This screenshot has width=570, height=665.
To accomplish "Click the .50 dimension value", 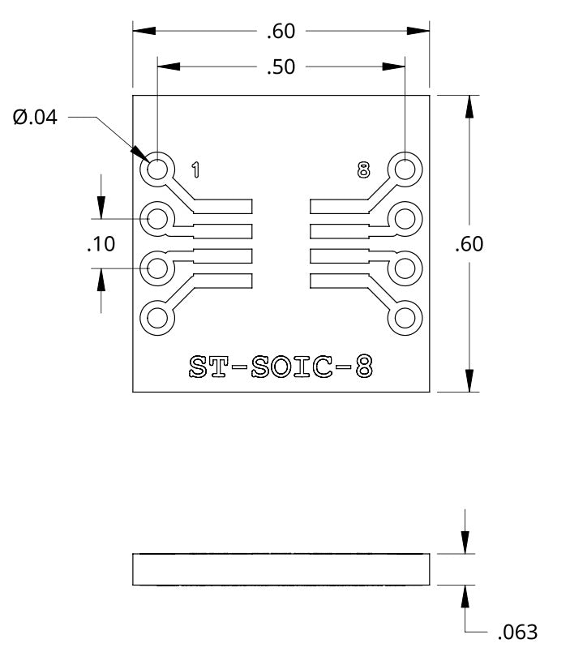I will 281,67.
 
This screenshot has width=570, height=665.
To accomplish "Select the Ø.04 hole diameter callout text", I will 36,118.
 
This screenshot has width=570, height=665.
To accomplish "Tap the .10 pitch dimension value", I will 101,243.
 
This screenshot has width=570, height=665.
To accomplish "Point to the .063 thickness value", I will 516,632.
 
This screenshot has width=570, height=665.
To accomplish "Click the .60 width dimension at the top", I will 281,32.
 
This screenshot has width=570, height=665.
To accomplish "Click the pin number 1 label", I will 195,169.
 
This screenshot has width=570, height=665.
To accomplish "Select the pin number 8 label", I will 362,169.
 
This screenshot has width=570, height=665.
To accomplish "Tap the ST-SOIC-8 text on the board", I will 281,367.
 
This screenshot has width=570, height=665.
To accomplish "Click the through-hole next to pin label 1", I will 157,169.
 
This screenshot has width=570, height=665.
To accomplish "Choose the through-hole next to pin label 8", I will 405,169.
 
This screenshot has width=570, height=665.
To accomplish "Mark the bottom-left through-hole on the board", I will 157,317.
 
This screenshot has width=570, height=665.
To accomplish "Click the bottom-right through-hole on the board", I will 405,317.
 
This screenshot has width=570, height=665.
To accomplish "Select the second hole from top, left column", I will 157,218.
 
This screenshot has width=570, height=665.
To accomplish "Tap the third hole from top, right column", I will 405,268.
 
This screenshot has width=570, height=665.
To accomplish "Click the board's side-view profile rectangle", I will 281,569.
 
